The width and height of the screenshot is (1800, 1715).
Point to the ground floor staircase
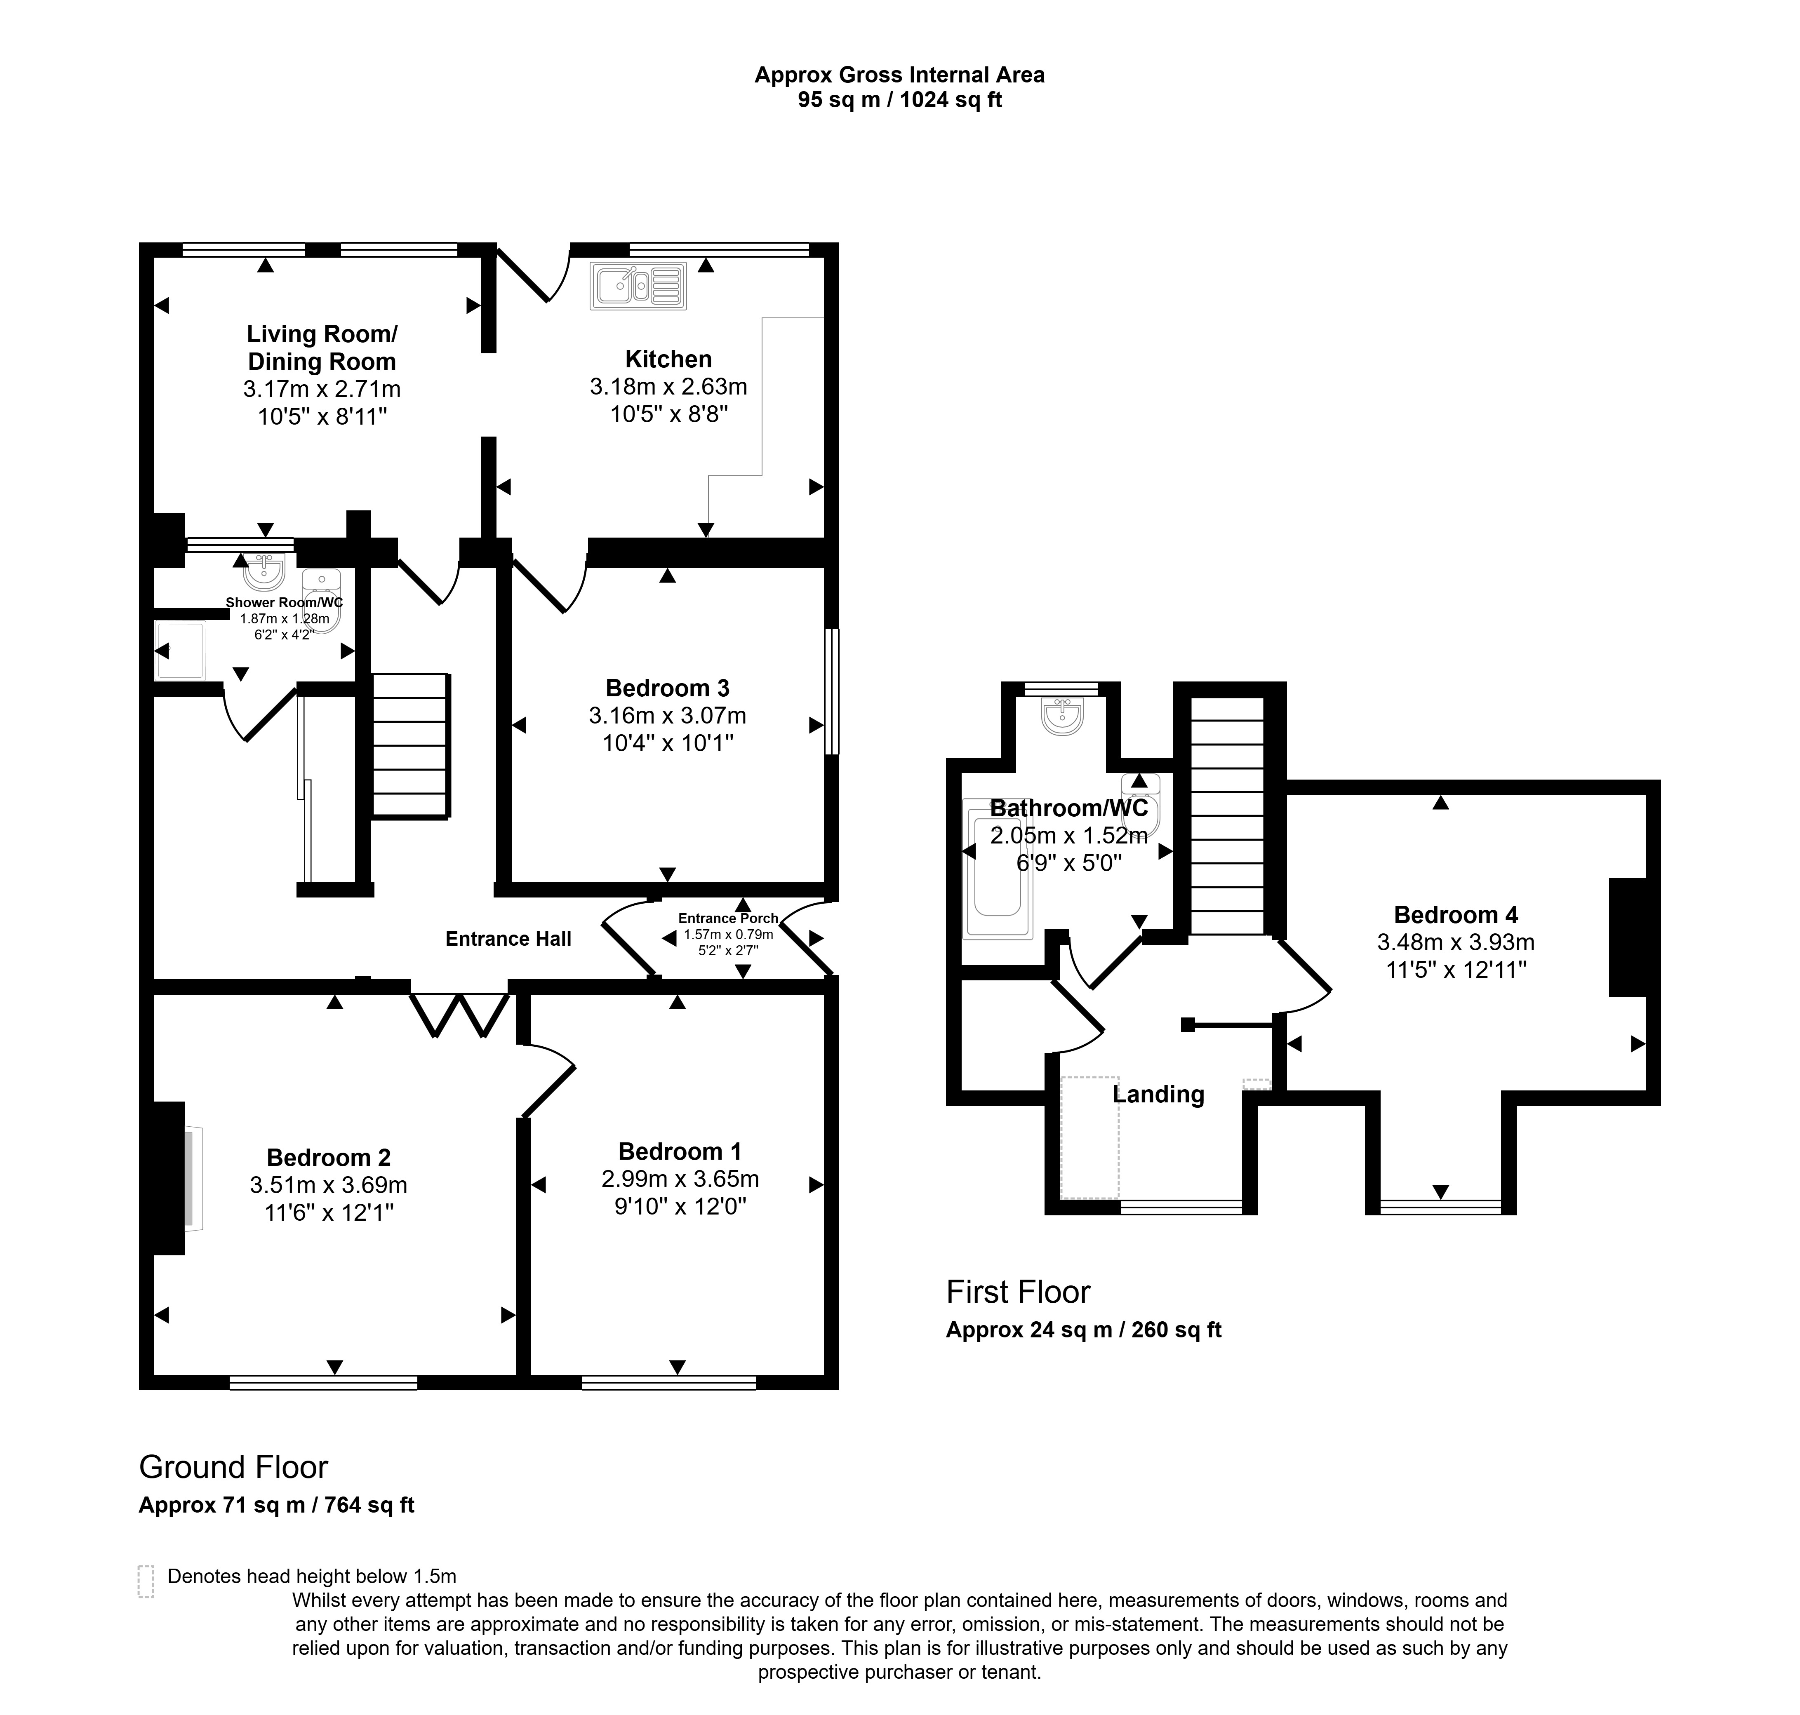(x=410, y=745)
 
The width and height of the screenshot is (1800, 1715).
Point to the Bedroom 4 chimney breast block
(x=1628, y=937)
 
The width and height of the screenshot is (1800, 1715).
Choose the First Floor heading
(x=1018, y=1292)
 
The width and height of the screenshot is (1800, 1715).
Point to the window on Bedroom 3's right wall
(x=831, y=691)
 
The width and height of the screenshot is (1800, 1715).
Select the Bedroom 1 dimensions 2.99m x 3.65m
(x=680, y=1179)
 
